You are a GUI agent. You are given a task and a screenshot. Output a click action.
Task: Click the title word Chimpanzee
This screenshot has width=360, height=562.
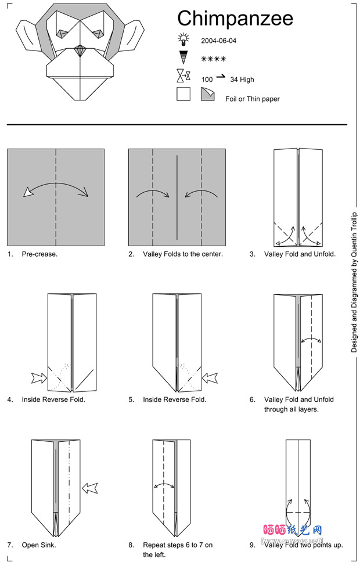coord(235,19)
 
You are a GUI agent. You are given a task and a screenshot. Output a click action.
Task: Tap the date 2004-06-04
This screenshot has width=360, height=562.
coord(219,41)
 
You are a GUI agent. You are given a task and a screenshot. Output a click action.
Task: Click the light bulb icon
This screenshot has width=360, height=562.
coord(184,39)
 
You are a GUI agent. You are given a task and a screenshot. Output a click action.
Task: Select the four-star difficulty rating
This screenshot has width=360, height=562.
coord(213,59)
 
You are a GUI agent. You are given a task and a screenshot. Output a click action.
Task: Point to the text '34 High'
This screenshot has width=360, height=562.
coord(242,80)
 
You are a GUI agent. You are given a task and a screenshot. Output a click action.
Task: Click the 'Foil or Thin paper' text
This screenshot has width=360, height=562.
coord(253,99)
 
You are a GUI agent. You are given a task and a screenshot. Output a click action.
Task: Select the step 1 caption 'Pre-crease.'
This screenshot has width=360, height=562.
coord(39,254)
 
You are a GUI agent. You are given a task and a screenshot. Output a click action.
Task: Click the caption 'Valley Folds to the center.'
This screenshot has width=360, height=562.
coord(183,254)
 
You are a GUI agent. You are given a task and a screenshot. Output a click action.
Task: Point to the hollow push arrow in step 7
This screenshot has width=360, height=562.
coord(91,488)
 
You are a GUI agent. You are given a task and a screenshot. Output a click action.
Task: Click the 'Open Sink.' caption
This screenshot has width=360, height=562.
coord(39,545)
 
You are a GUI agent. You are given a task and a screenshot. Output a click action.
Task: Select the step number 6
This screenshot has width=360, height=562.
coord(253,399)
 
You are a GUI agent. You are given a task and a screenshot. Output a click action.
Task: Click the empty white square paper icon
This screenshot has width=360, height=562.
coord(183,94)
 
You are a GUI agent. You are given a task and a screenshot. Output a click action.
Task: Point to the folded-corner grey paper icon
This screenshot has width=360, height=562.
coord(207,94)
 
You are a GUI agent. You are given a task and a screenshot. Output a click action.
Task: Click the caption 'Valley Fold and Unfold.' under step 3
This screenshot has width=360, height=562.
coord(300,254)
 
